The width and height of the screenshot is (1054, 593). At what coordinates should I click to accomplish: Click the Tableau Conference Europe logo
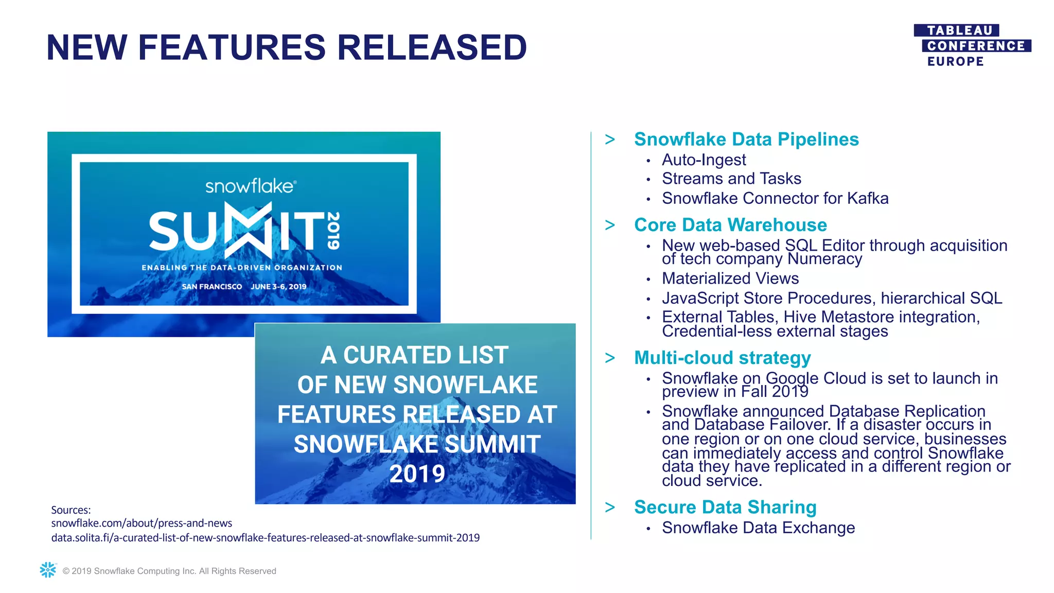[972, 46]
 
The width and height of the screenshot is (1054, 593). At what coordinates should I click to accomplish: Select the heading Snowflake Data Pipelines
[746, 139]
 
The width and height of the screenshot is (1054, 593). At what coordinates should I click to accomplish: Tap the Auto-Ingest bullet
[704, 160]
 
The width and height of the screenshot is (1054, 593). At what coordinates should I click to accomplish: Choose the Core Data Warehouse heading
[730, 225]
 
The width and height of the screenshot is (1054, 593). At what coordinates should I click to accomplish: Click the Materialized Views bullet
[730, 278]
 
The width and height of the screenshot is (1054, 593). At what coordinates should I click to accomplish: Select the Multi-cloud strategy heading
[722, 358]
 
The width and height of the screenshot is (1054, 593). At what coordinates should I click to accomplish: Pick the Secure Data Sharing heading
[725, 507]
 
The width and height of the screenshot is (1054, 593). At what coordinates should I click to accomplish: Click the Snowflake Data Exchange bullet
[758, 528]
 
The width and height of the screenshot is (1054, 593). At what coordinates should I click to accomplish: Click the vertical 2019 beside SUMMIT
[333, 231]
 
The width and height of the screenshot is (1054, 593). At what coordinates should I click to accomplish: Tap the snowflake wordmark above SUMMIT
[250, 186]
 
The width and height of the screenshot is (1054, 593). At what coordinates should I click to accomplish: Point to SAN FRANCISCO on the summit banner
[212, 287]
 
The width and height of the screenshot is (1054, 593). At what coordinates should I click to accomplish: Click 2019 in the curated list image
[417, 474]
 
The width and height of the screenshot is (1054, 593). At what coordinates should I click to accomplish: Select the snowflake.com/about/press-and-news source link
[142, 523]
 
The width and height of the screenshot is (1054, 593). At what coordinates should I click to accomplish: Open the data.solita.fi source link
[265, 537]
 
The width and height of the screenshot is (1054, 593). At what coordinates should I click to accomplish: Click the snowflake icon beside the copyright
[48, 570]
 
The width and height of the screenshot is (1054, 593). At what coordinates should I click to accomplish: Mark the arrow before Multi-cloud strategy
[610, 358]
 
